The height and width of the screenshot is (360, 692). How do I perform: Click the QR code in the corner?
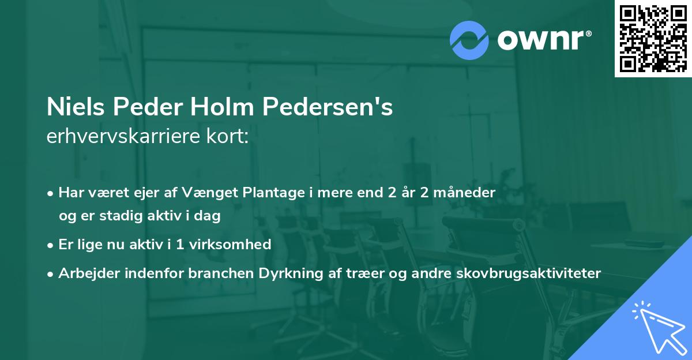[x=653, y=39]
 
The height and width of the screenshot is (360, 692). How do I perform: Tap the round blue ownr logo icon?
[x=469, y=39]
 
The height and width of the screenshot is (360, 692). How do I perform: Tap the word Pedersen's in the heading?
[x=331, y=108]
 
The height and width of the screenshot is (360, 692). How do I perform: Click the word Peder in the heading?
[x=147, y=108]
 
